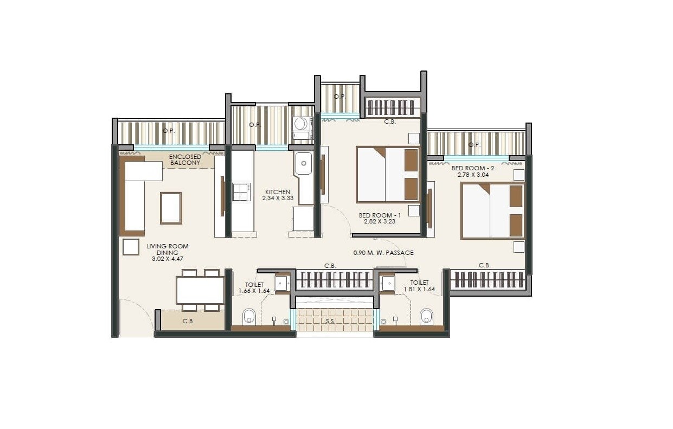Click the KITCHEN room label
(277, 192)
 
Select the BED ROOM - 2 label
(472, 168)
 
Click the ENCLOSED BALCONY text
(185, 160)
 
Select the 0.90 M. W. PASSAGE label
(383, 253)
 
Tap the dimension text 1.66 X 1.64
(254, 291)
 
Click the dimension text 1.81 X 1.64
(419, 290)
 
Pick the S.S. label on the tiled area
(330, 322)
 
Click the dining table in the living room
(200, 290)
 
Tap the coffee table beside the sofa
(171, 208)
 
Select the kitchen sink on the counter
(303, 163)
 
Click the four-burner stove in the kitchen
(241, 192)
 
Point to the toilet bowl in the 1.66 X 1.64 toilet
(249, 316)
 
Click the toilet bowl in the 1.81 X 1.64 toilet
(427, 316)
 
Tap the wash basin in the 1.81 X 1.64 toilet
(387, 283)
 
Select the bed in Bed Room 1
(388, 175)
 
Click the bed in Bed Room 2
(492, 211)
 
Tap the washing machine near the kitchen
(300, 124)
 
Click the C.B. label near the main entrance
(188, 321)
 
